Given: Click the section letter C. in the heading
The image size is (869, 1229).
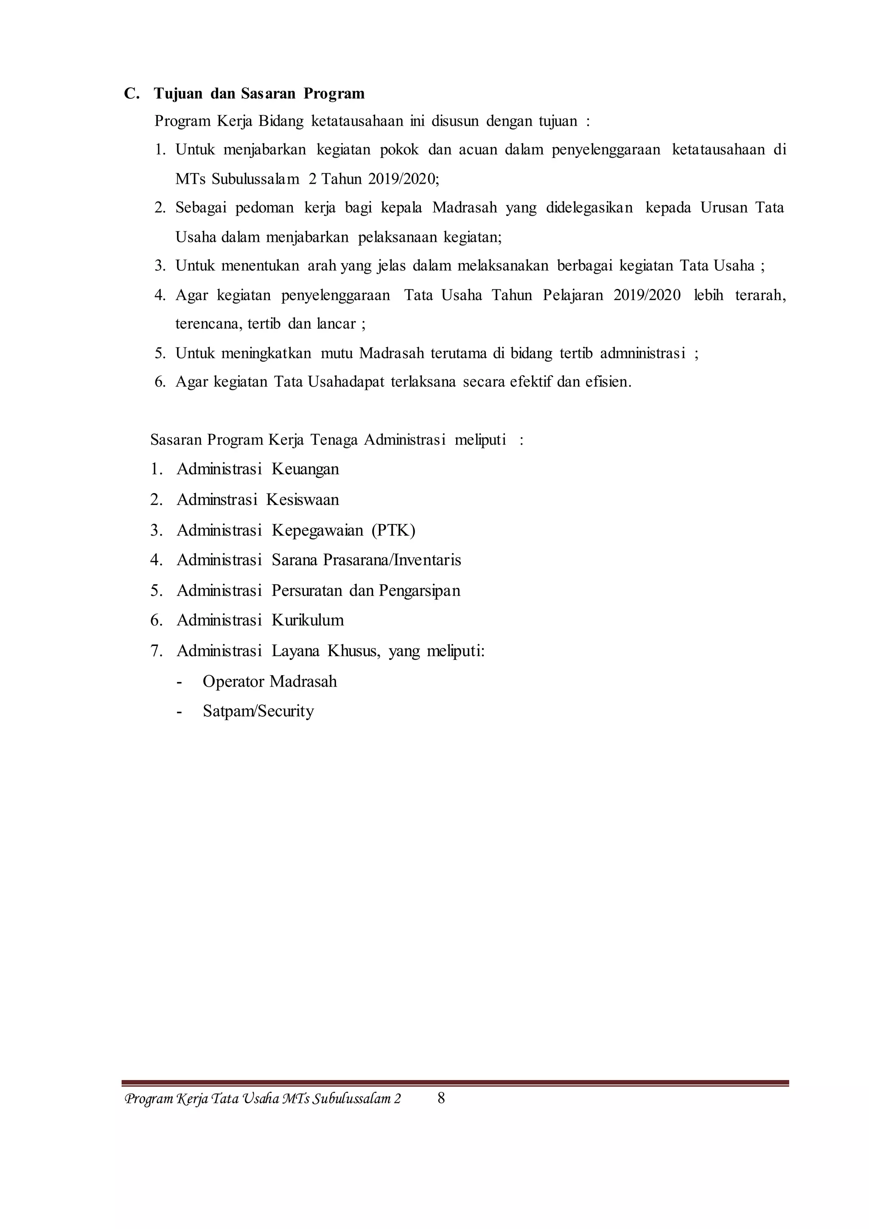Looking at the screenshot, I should point(132,94).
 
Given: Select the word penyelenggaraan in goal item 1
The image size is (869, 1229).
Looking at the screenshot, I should point(606,150).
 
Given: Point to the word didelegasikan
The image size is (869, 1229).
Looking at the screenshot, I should point(589,208).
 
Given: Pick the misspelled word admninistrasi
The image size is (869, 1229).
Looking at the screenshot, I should point(642,353).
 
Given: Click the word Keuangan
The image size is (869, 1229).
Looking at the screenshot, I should point(305,469).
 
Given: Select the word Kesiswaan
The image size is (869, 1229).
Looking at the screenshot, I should point(303,500).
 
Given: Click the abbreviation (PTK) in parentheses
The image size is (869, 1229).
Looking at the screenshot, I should point(393,530).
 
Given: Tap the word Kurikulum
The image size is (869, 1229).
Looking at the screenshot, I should point(308,620).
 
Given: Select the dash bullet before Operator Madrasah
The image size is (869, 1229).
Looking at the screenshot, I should point(179,682).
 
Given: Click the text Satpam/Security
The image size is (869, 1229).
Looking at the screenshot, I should point(258,711).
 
